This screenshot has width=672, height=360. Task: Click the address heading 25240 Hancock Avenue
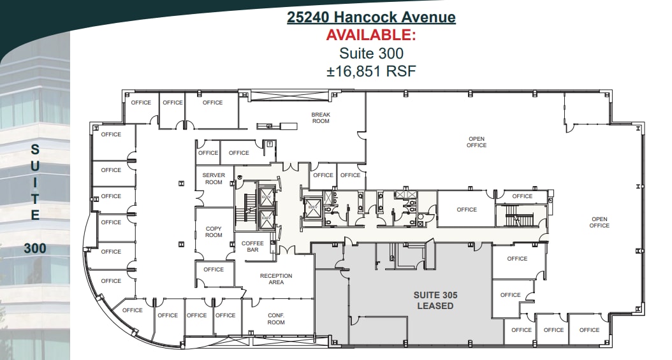(x=371, y=17)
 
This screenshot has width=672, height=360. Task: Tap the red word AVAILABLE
(x=371, y=35)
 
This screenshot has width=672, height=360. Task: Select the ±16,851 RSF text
(x=371, y=71)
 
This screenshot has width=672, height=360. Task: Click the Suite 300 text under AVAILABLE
(x=371, y=54)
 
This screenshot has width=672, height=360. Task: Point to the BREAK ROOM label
(x=321, y=118)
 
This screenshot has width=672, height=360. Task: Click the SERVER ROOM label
(x=214, y=178)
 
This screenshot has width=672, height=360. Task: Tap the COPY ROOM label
(x=214, y=231)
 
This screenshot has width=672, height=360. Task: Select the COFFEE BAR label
(x=252, y=247)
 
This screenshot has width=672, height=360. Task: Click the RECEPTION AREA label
(x=276, y=279)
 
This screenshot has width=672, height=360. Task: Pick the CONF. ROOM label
(x=276, y=319)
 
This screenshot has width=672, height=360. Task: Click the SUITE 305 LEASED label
(x=435, y=300)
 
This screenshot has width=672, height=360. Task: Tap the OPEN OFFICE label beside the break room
(x=476, y=142)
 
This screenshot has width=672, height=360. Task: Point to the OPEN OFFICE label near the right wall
(x=599, y=222)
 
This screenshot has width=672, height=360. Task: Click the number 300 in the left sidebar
(x=35, y=248)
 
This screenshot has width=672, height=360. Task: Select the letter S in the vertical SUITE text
(x=35, y=150)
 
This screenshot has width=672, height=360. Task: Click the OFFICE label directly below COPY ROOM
(x=214, y=270)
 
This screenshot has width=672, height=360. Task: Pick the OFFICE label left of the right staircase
(x=467, y=210)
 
